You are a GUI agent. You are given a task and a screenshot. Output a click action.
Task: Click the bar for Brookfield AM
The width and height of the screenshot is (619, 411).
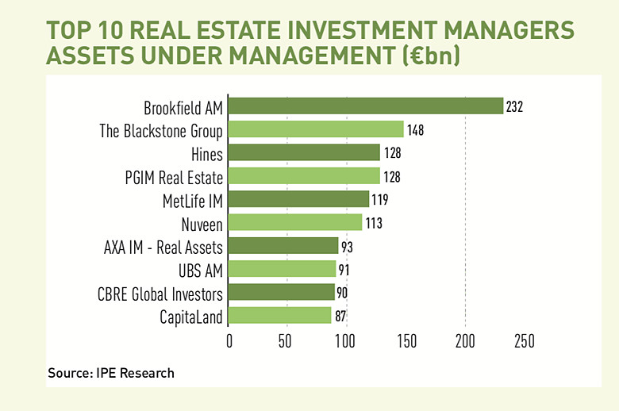366,106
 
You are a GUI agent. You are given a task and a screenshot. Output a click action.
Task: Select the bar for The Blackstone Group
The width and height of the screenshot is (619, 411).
317,129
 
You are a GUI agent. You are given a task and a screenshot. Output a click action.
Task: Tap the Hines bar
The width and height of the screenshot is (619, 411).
305,152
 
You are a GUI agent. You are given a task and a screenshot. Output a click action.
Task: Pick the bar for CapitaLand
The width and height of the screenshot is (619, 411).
280,316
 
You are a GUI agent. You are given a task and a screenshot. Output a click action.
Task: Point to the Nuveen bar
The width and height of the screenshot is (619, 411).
295,222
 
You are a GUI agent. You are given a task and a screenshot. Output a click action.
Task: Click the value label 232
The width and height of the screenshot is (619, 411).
517,106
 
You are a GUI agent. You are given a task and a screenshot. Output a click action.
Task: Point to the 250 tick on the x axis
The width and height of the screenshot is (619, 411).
525,342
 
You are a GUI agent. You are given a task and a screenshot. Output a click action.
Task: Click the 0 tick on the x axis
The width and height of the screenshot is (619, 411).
229,342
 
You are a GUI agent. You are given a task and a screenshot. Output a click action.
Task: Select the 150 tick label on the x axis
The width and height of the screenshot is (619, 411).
406,342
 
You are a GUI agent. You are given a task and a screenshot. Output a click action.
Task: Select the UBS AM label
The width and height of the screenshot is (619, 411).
199,269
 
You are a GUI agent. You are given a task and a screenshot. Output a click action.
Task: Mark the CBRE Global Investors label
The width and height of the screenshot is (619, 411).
160,293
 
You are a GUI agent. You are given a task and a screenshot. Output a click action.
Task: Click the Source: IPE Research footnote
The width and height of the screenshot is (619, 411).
111,373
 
